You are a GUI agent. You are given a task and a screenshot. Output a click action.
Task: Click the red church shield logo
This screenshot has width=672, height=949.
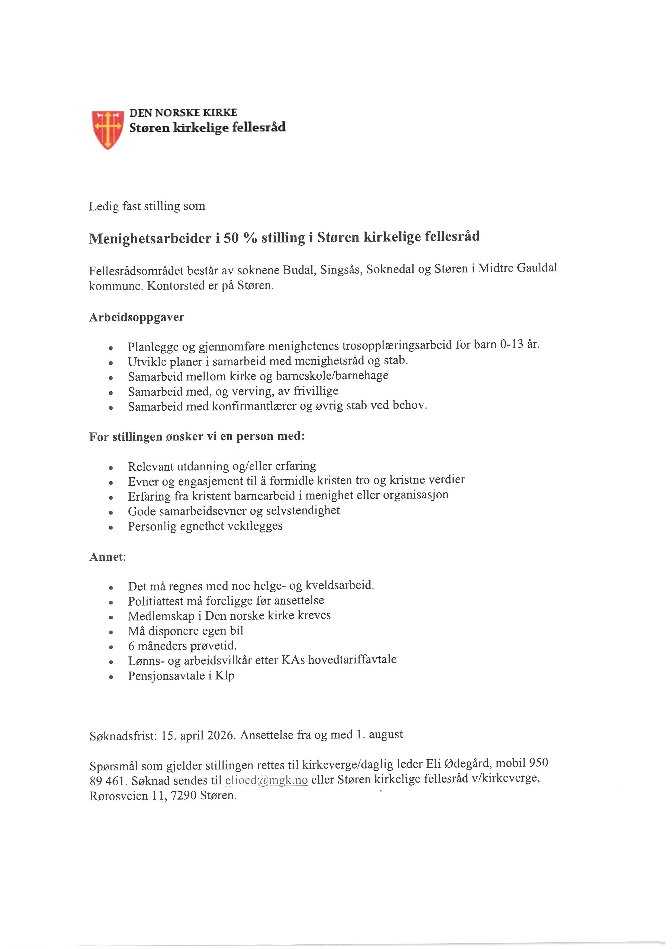coord(108,129)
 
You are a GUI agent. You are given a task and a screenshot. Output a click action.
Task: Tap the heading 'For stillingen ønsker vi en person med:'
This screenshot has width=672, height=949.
coord(197,436)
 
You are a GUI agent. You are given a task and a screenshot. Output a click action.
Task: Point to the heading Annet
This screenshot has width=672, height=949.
coord(107,557)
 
